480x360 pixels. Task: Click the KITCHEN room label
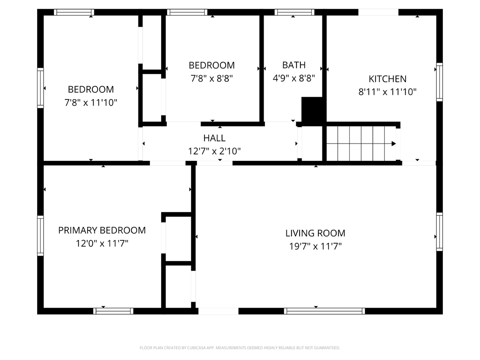point(387,79)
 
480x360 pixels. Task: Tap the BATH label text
point(294,65)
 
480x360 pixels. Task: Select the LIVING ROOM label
point(315,233)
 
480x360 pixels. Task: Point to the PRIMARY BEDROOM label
point(102,230)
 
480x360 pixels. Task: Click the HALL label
point(214,138)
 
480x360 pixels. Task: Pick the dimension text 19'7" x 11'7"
point(315,246)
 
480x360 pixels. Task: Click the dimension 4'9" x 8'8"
point(294,78)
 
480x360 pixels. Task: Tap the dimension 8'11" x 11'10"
point(387,92)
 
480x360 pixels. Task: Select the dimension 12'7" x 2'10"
point(214,151)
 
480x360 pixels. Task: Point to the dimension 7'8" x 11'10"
point(91,102)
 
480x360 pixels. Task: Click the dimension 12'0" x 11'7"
point(102,243)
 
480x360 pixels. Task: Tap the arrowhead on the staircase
point(394,144)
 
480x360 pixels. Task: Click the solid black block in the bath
point(312,111)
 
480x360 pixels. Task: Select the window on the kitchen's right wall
point(440,82)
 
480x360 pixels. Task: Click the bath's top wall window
point(294,12)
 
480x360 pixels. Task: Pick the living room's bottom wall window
point(324,311)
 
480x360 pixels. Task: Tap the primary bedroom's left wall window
point(40,236)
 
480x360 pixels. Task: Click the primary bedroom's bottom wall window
point(113,311)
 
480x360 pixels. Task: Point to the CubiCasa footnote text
point(240,348)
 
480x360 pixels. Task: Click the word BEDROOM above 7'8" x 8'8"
point(212,65)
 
